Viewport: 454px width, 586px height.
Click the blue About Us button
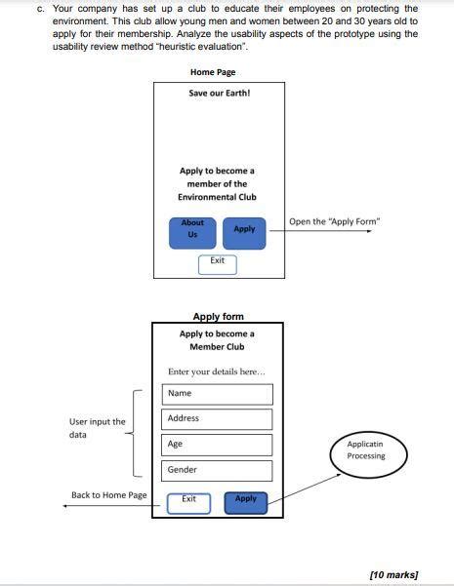click(192, 229)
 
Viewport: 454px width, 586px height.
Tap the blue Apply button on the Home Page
click(244, 229)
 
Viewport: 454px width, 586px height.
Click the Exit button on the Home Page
click(218, 262)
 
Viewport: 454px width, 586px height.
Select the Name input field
click(220, 394)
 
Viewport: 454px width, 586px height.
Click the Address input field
click(220, 419)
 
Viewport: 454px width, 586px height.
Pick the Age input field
click(220, 445)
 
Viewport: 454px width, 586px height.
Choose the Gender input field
click(220, 470)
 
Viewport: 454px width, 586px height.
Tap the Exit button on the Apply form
click(188, 501)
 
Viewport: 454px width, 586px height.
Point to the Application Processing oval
click(366, 450)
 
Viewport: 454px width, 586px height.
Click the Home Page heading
click(213, 72)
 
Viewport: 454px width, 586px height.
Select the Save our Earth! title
click(220, 94)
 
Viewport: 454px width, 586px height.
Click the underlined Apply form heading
click(219, 316)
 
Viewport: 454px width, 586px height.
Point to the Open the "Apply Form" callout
click(335, 221)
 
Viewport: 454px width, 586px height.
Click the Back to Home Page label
click(109, 495)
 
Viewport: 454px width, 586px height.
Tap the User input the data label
click(97, 428)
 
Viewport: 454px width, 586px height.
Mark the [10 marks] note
click(393, 573)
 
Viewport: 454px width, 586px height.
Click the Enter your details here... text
click(216, 371)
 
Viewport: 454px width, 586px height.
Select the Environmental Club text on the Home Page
click(217, 197)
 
